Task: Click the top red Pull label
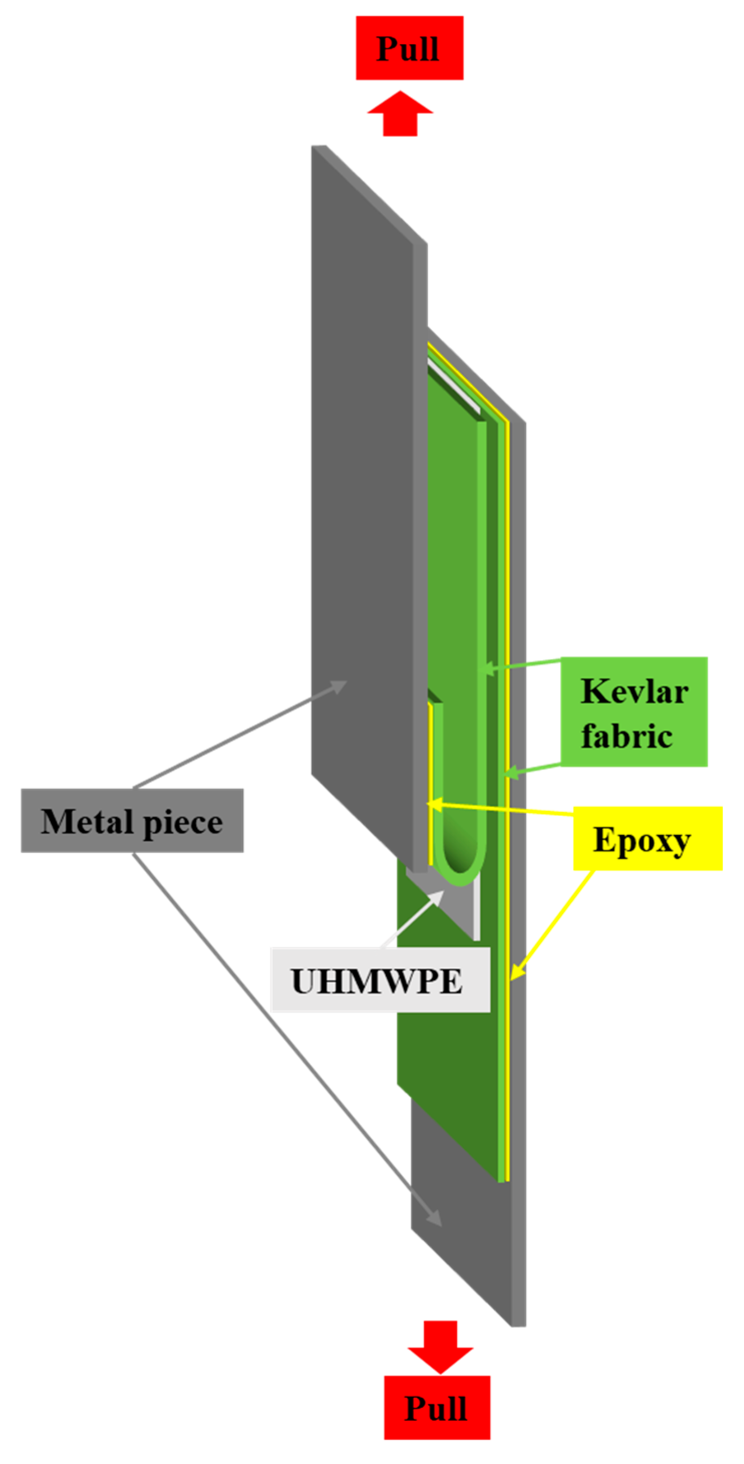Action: (409, 48)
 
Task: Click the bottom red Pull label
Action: (436, 1407)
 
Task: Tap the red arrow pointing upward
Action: (401, 114)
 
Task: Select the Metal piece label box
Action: (132, 820)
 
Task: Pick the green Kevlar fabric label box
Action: (634, 712)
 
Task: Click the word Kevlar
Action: (634, 691)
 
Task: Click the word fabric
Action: (627, 735)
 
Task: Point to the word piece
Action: (182, 823)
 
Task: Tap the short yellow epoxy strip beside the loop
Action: (431, 784)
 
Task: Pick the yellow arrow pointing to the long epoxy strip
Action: (551, 926)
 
